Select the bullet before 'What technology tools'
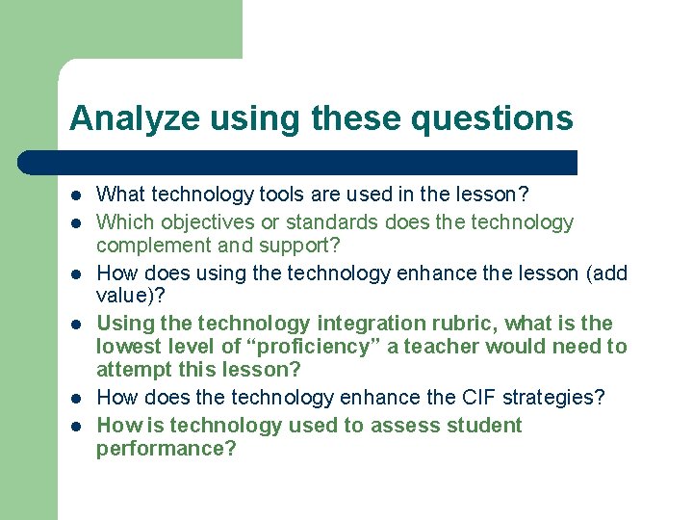pyautogui.click(x=75, y=195)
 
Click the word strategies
pyautogui.click(x=551, y=398)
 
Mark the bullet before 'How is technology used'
pyautogui.click(x=75, y=426)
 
